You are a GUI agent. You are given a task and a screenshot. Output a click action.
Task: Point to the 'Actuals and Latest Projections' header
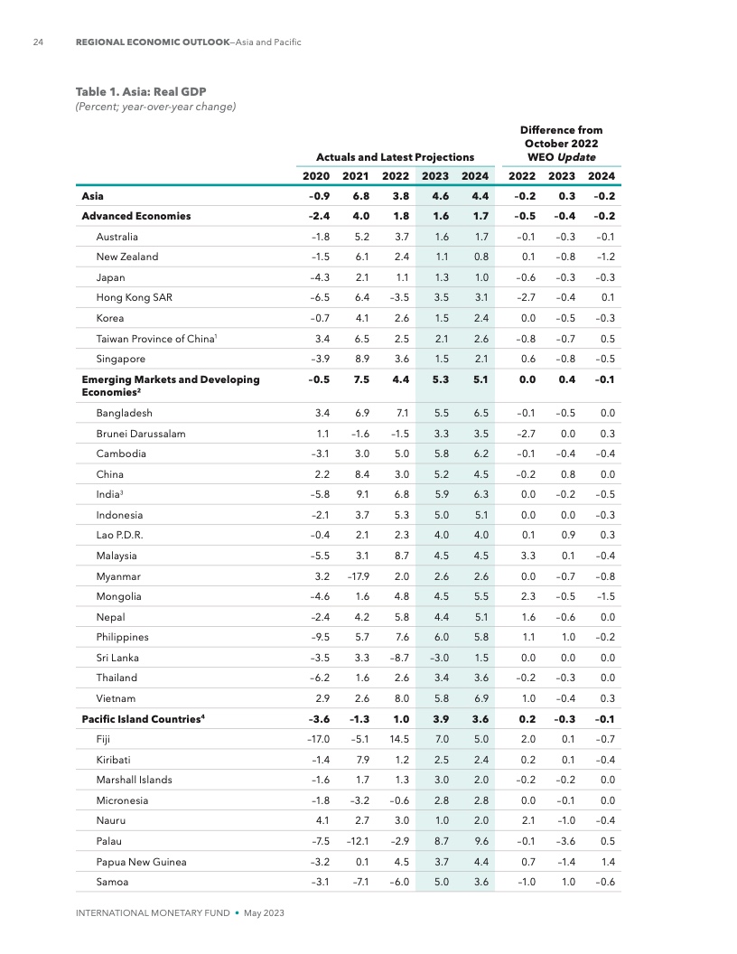click(395, 157)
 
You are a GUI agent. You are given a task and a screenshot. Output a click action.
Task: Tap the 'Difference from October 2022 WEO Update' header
click(561, 144)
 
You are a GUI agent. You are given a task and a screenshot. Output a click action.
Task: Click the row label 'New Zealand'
click(126, 257)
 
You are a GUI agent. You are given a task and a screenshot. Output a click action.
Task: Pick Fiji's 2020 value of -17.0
click(316, 739)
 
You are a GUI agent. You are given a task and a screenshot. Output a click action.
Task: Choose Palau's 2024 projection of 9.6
click(479, 841)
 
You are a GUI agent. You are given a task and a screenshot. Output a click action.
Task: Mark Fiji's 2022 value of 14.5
click(397, 739)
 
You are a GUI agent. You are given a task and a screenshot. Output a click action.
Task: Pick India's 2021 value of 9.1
click(357, 495)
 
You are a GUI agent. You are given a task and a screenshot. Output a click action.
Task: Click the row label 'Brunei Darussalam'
click(140, 434)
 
